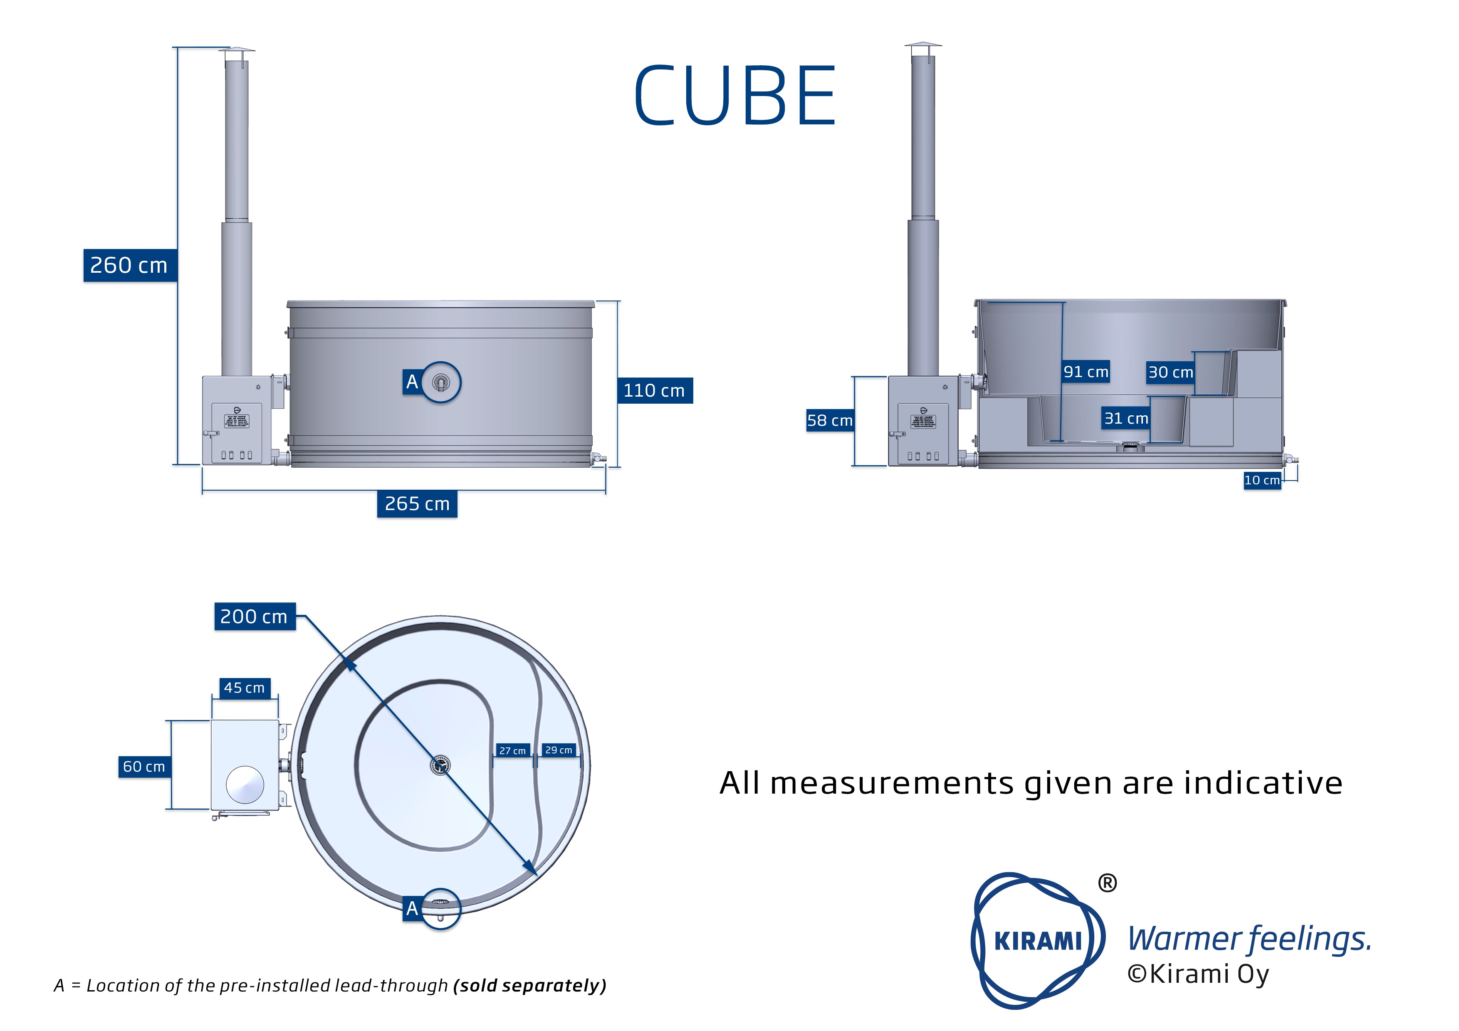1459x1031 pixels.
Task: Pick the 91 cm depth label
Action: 1086,372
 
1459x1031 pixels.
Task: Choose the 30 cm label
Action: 1170,372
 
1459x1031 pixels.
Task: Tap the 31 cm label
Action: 1126,418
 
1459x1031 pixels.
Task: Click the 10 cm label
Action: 1261,480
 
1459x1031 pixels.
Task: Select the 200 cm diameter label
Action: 254,616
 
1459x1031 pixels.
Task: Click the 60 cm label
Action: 144,767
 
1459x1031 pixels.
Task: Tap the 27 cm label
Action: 512,750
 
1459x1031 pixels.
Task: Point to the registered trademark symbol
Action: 1107,883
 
